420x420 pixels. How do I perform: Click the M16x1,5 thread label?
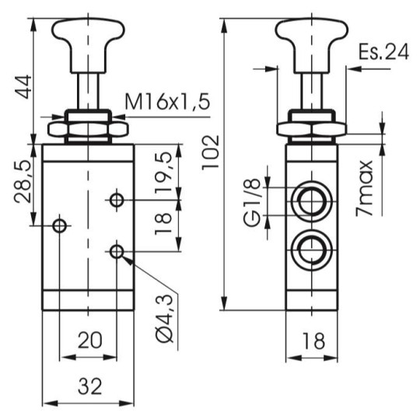[x=167, y=102]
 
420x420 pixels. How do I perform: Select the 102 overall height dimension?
[x=211, y=152]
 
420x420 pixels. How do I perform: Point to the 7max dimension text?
[x=364, y=188]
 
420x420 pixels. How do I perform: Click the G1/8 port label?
[x=252, y=202]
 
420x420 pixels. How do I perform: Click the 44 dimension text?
[x=23, y=87]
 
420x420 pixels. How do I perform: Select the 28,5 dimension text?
[x=23, y=181]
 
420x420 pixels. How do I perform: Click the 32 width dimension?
[x=90, y=387]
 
